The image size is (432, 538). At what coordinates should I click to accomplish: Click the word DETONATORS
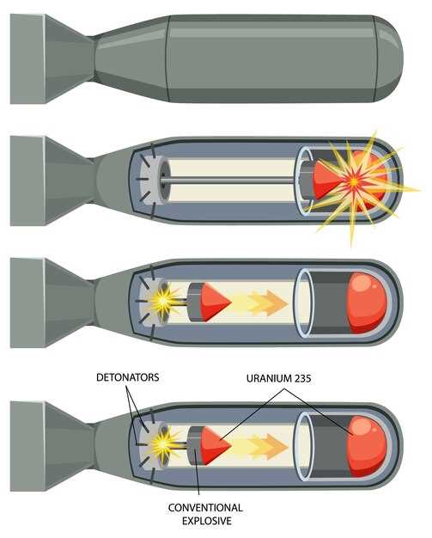click(x=128, y=377)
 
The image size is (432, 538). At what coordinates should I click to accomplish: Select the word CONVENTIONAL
click(x=205, y=507)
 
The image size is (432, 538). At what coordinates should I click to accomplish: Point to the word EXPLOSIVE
click(x=207, y=521)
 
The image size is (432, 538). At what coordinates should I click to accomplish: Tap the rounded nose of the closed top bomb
click(x=389, y=58)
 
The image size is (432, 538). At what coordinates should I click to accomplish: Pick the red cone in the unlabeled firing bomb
click(x=216, y=303)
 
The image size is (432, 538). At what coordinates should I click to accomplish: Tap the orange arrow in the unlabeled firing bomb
click(x=267, y=303)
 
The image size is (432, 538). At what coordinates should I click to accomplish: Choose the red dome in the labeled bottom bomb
click(x=367, y=447)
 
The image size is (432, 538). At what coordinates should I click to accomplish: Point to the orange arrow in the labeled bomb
click(x=267, y=446)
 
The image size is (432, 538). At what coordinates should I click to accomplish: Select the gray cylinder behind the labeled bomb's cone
click(x=194, y=446)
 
